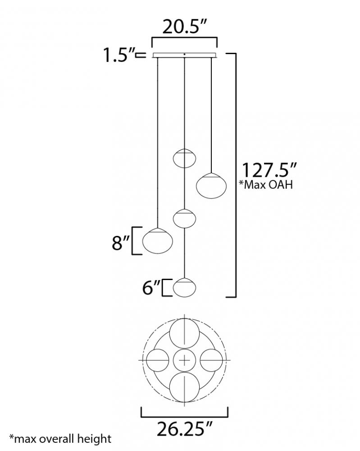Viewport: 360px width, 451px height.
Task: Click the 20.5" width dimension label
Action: [184, 27]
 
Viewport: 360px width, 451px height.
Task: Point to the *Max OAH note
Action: [266, 184]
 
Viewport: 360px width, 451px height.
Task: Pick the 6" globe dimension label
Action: [151, 288]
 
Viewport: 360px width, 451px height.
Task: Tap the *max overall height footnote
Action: [60, 439]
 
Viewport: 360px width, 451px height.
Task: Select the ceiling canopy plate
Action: [184, 55]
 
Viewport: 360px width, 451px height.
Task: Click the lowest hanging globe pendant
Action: [184, 287]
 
